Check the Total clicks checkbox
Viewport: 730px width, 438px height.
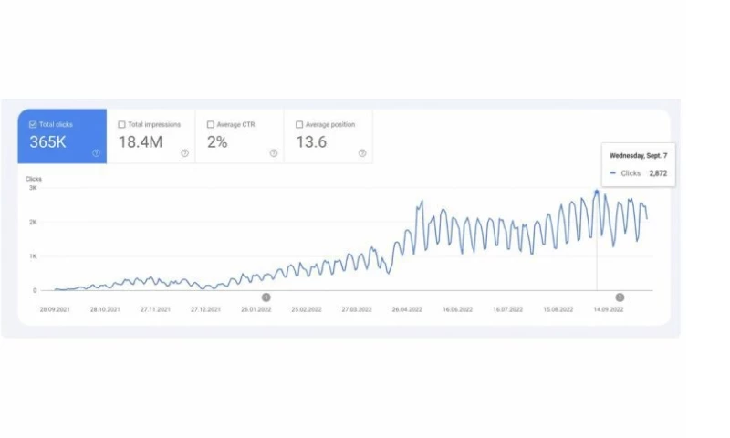34,124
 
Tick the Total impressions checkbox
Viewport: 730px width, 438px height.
122,124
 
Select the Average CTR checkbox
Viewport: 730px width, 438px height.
211,124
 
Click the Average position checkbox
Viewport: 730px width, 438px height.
299,124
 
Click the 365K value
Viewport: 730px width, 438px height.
47,141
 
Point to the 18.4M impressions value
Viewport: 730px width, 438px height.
141,141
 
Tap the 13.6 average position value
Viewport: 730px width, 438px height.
310,141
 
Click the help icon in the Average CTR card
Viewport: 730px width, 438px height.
273,153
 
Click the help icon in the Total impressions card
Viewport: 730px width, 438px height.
184,153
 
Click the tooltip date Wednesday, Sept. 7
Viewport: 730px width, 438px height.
638,156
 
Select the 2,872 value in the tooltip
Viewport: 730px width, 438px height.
658,172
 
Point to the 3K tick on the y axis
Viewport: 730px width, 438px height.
33,187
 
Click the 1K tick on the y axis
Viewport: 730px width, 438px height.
33,256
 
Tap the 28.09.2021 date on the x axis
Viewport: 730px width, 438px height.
56,309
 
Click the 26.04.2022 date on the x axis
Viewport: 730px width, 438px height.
409,309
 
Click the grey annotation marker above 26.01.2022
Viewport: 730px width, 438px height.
266,297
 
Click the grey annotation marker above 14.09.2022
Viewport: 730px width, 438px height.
620,297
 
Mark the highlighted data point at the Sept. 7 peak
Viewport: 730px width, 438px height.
597,192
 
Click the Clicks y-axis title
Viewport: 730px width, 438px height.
34,179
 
